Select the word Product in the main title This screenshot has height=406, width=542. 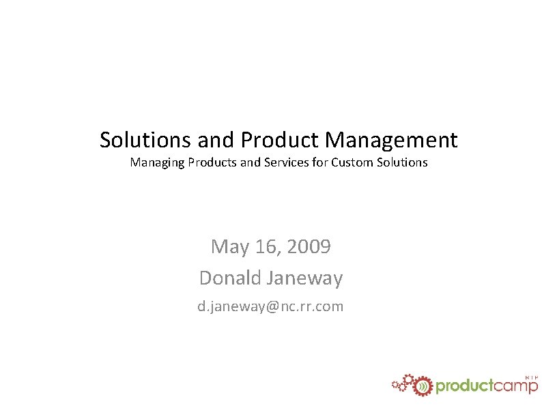[280, 140]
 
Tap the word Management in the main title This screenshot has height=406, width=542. [391, 140]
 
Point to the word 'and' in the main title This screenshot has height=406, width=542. [215, 140]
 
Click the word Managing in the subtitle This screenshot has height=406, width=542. [153, 162]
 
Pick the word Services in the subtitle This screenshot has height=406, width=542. [286, 162]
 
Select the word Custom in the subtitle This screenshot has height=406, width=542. [352, 162]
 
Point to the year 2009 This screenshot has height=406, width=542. [309, 246]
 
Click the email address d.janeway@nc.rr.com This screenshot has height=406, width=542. [271, 306]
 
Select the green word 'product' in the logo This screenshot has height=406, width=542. [464, 387]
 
